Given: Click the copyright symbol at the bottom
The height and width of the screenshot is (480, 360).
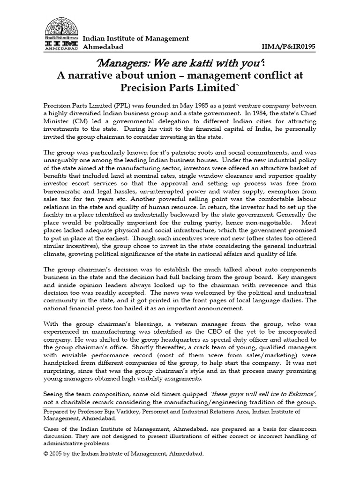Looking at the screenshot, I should pyautogui.click(x=45, y=454).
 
